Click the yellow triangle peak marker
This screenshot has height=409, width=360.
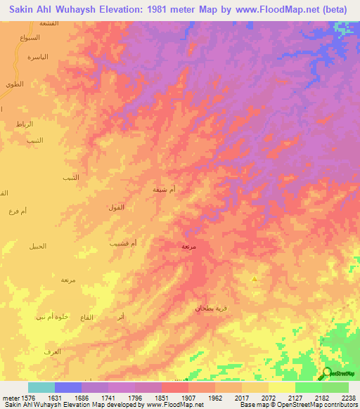(x=254, y=279)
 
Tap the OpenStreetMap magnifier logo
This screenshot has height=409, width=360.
(x=327, y=373)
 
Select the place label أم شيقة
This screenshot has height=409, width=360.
(x=165, y=189)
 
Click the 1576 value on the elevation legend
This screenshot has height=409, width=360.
(x=27, y=397)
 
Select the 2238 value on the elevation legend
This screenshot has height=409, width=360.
(x=349, y=397)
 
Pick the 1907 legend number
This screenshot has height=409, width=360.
(x=188, y=397)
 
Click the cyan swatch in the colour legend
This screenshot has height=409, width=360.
(x=41, y=387)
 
